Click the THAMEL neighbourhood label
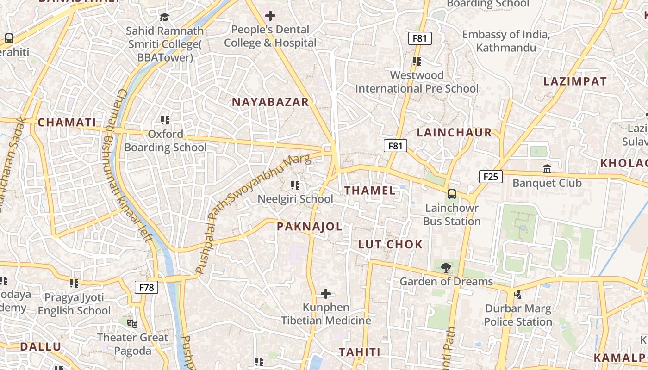[x=370, y=191]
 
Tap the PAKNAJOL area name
[x=310, y=227]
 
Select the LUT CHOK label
[x=390, y=245]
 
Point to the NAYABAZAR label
[x=270, y=102]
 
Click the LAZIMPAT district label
[x=575, y=82]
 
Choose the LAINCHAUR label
[x=454, y=133]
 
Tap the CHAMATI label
[x=67, y=123]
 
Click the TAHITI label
[x=360, y=352]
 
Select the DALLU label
[x=41, y=347]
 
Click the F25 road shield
[x=491, y=176]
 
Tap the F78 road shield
[x=146, y=288]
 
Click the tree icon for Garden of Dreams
[x=446, y=267]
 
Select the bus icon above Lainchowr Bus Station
[x=452, y=194]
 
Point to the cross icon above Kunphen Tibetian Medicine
[x=326, y=293]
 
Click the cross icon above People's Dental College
[x=270, y=16]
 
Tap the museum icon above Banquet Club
[x=547, y=169]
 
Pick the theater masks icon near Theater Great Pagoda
[x=132, y=323]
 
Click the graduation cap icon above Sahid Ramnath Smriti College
[x=164, y=18]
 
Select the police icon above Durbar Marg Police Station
[x=517, y=294]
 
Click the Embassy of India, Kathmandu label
[x=506, y=41]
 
